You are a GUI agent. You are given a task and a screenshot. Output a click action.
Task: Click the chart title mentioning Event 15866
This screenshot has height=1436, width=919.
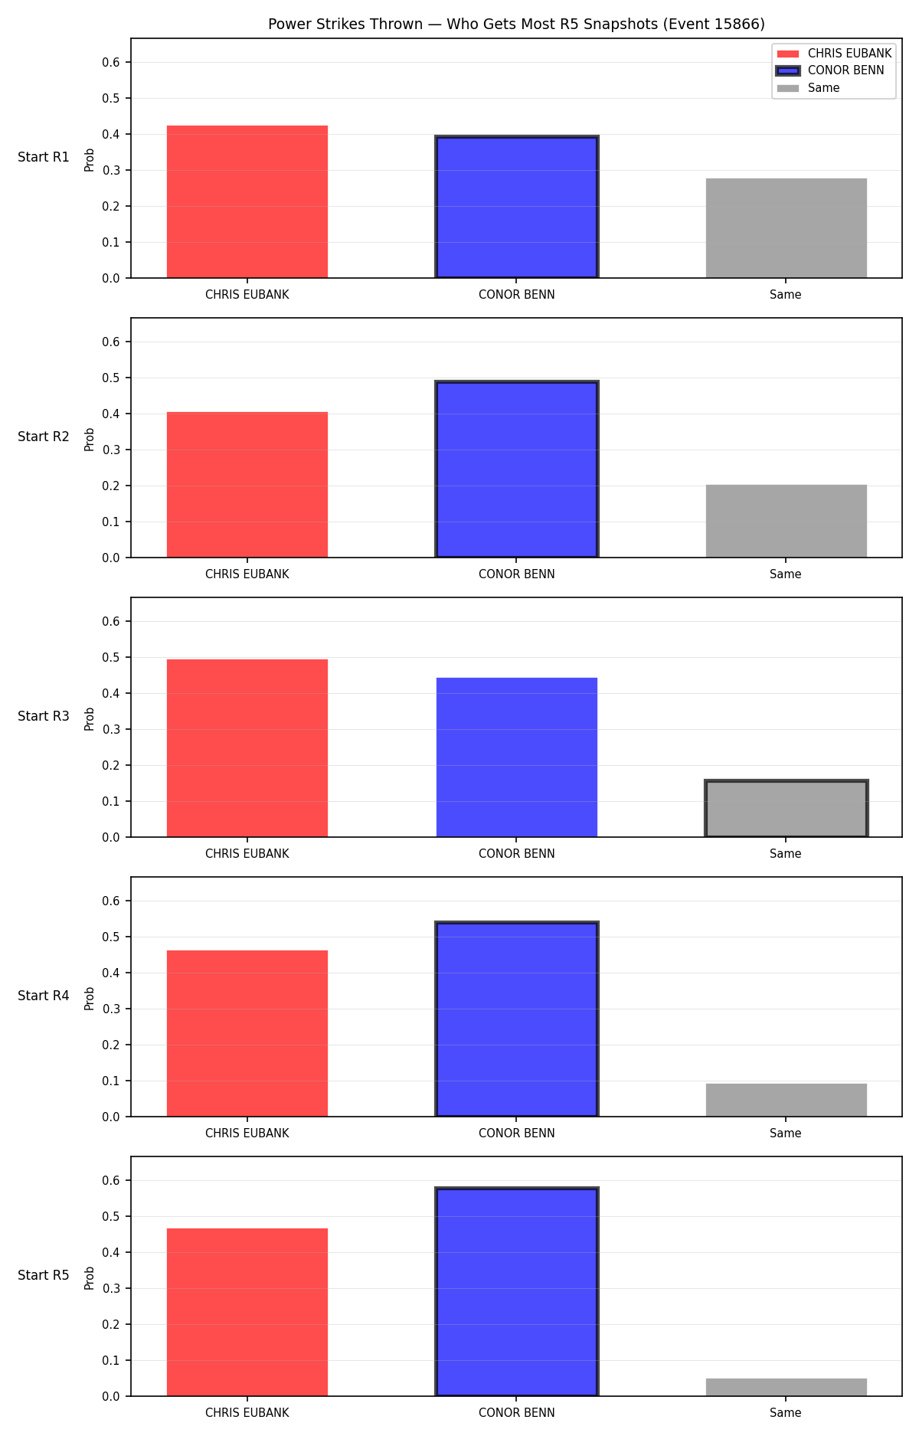[x=516, y=25]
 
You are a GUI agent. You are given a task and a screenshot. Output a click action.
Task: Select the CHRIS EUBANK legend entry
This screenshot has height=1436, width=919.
[x=834, y=54]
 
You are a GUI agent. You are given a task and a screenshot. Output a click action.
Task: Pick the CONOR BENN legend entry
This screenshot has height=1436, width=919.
[x=830, y=70]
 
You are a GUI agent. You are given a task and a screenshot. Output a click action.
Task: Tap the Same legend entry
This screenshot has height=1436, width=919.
[x=808, y=88]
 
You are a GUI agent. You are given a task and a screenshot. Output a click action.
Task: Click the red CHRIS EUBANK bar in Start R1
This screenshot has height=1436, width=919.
[x=247, y=201]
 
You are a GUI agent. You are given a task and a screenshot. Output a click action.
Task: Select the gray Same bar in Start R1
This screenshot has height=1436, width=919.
[x=787, y=228]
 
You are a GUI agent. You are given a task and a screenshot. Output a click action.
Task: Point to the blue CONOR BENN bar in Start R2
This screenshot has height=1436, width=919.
[x=517, y=469]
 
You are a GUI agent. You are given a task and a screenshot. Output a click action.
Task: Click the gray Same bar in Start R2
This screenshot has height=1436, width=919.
[x=787, y=521]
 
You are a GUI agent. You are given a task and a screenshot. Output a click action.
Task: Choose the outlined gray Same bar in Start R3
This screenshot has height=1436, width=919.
[x=787, y=809]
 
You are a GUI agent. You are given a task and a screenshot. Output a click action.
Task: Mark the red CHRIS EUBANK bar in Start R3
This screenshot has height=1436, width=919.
[x=247, y=748]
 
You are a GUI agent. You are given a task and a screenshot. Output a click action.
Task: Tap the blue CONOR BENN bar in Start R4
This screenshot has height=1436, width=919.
[x=517, y=1019]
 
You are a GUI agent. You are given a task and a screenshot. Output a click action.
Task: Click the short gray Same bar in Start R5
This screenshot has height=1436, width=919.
[x=787, y=1387]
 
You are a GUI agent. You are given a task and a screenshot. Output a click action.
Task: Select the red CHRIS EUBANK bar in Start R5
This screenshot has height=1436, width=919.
[x=247, y=1312]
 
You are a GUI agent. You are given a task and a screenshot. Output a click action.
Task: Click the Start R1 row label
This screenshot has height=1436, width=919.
[x=44, y=157]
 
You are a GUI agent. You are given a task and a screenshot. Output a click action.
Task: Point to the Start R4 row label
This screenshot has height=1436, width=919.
[x=44, y=996]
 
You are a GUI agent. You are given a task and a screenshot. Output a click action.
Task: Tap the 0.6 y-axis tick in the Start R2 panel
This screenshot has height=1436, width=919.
[x=111, y=342]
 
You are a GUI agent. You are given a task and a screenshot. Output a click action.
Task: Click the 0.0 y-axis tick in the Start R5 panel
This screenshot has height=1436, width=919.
[x=111, y=1396]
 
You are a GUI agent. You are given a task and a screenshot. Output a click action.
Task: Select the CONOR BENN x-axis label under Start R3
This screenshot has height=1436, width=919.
[x=517, y=854]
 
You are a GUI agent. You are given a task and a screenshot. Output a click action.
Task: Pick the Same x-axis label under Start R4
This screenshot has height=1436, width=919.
[x=786, y=1133]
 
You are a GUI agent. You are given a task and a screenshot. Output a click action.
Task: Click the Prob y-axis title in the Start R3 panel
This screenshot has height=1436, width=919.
[x=90, y=718]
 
